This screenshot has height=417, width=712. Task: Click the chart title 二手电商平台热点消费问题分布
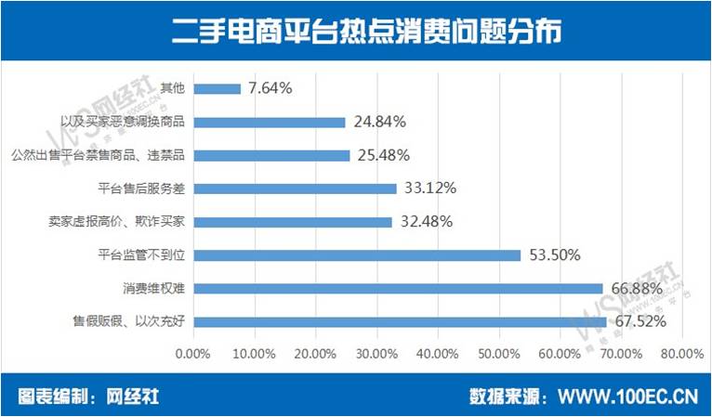355,32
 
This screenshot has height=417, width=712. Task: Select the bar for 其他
217,89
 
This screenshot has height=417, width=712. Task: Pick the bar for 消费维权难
397,289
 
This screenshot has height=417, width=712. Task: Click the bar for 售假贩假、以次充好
399,322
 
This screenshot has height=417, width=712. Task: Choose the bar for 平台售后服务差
295,189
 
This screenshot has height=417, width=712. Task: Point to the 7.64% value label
270,89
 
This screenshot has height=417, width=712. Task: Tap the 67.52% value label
640,322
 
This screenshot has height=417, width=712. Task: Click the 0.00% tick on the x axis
193,354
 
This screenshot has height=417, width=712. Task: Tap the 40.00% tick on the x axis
437,354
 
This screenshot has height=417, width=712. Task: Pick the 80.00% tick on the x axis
681,354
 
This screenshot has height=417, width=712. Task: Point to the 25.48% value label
384,155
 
